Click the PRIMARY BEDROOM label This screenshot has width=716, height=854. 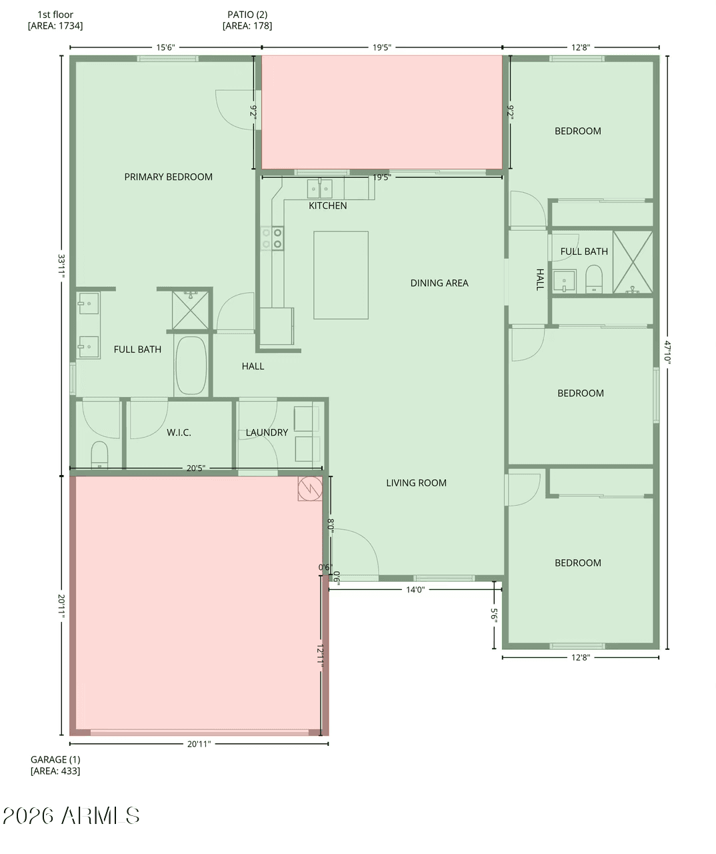169,177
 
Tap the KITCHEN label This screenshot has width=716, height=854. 328,205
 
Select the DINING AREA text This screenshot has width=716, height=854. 439,283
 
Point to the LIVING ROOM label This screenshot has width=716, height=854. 417,482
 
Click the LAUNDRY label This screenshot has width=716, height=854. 267,432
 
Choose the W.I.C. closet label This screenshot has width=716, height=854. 179,432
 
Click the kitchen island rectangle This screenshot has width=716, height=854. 341,276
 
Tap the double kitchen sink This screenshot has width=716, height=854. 319,189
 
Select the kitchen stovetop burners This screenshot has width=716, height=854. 272,238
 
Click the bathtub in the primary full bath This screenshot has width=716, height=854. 191,365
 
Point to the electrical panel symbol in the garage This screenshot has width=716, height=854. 310,488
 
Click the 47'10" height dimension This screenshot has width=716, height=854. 667,352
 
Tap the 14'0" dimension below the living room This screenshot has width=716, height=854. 415,589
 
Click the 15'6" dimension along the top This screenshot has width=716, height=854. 165,47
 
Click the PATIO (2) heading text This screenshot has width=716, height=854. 247,15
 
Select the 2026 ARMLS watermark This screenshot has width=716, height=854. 71,815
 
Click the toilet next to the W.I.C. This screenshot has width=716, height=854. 99,454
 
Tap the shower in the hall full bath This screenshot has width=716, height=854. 633,262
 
